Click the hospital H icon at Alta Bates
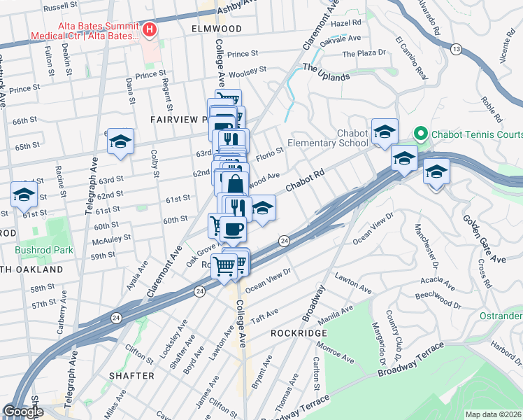[149, 29]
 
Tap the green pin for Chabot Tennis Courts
[420, 133]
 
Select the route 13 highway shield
[457, 49]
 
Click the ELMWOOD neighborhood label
[216, 29]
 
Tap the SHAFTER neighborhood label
[131, 376]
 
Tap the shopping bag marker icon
[236, 185]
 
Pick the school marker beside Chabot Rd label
[262, 209]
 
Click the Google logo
[23, 412]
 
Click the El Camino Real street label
[411, 57]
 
